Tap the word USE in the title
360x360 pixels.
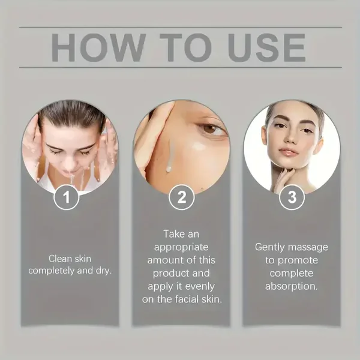266,47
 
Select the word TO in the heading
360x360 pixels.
185,47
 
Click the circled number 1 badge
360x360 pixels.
67,197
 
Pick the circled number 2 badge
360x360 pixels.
181,197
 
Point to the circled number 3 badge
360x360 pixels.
292,197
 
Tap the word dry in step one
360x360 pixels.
104,271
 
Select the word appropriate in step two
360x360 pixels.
181,248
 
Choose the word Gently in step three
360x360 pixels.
270,248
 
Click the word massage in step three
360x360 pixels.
308,248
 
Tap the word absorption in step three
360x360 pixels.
292,287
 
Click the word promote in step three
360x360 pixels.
298,261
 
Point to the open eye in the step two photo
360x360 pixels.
210,128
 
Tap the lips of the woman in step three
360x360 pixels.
289,152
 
